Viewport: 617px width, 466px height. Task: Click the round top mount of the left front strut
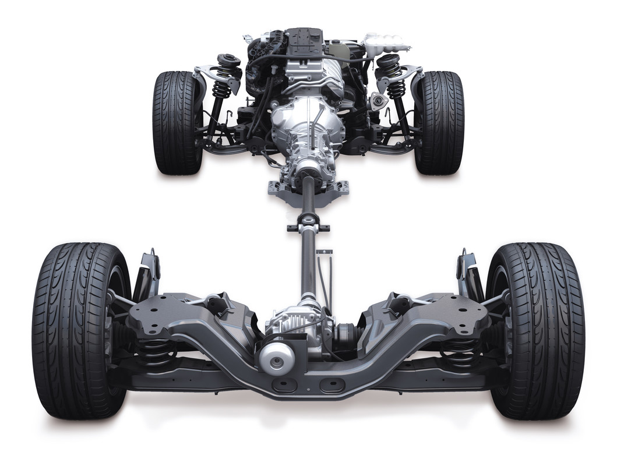(x=229, y=61)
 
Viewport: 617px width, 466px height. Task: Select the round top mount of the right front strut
(x=388, y=62)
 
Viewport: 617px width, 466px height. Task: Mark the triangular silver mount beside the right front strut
(x=379, y=101)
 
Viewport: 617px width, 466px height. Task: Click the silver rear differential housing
(x=297, y=326)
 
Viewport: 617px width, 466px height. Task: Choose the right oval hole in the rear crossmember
(x=332, y=386)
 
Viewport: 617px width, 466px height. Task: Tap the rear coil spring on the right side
(x=460, y=352)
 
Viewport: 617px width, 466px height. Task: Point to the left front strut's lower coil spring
(x=221, y=90)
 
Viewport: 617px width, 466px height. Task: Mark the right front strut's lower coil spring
(x=396, y=90)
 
